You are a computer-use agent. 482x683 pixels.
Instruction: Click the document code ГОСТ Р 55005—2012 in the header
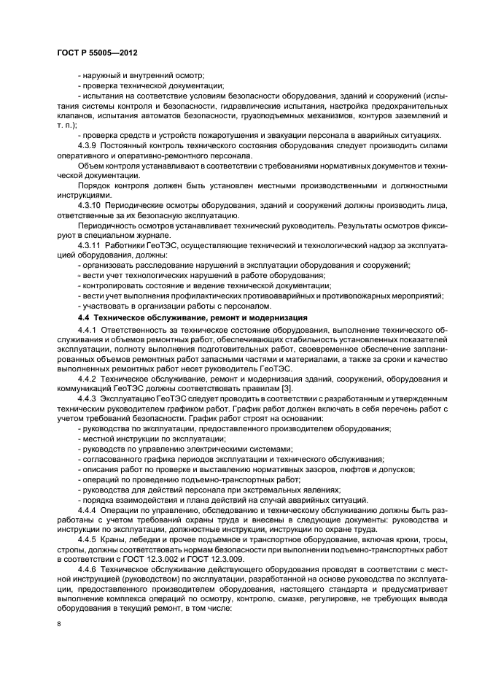tap(97, 53)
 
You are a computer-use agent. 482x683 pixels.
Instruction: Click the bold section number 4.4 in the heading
tap(82, 318)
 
